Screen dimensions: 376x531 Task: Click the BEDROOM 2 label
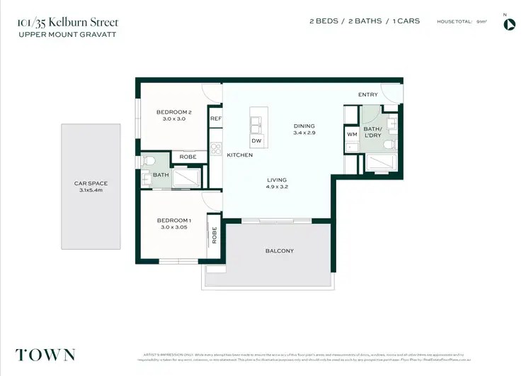(x=173, y=112)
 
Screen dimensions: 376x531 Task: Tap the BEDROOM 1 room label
(x=173, y=221)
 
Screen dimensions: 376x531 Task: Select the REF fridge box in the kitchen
(x=215, y=118)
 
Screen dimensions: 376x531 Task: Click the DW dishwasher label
(x=256, y=141)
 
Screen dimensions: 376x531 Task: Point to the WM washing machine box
(x=352, y=133)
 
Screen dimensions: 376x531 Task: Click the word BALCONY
(x=280, y=251)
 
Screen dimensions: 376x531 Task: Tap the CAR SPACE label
(x=91, y=183)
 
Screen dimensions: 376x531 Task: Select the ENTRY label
(x=368, y=94)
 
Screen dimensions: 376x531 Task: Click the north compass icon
(x=509, y=24)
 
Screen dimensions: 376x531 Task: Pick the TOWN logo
(x=45, y=355)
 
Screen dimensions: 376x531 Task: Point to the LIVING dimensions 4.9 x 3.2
(x=277, y=187)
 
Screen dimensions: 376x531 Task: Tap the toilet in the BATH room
(x=145, y=161)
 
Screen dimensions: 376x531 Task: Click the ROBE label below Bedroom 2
(x=188, y=157)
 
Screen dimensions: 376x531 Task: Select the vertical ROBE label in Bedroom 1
(x=215, y=235)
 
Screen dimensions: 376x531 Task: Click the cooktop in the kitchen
(x=217, y=150)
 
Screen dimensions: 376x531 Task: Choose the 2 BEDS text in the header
(x=324, y=21)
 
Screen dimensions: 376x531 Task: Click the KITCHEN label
(x=239, y=155)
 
